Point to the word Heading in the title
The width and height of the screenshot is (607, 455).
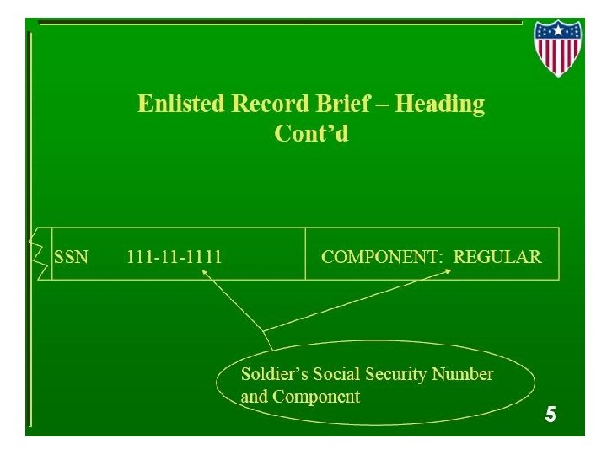(x=440, y=104)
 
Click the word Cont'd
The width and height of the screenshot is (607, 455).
(x=311, y=133)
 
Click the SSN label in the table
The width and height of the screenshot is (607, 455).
(x=71, y=257)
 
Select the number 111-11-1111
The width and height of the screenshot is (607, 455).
(x=175, y=257)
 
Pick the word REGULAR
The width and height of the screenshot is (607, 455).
(x=497, y=257)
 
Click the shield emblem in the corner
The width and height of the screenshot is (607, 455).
(x=557, y=47)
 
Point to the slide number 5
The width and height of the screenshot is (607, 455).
(x=550, y=415)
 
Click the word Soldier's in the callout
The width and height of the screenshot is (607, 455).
(x=275, y=374)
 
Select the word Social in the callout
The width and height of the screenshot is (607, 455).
(x=336, y=374)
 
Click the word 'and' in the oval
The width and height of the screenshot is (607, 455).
(x=254, y=396)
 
